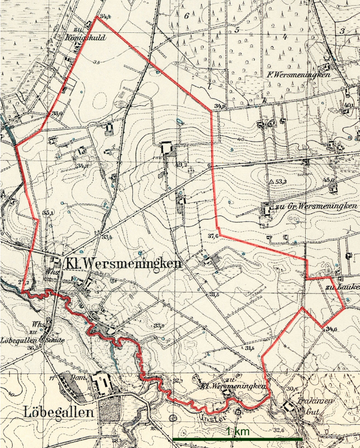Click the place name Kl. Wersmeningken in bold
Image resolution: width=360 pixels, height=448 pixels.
click(123, 264)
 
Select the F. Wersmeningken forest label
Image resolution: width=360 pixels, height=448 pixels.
click(298, 76)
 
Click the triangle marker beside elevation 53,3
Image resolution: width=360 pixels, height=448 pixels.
click(271, 182)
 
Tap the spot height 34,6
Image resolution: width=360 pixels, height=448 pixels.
click(331, 328)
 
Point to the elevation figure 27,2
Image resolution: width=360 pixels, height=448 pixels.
click(24, 282)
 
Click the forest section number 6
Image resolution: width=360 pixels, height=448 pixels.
click(187, 16)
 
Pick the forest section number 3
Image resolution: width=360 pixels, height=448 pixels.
click(342, 31)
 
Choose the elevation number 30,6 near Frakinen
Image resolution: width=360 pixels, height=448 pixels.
click(291, 389)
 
